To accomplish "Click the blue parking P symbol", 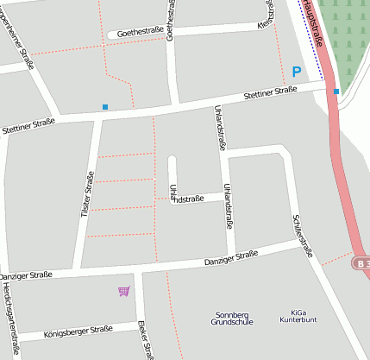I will (x=297, y=73).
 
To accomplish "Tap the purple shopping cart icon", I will (x=124, y=292).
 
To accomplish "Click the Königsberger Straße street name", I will (x=78, y=330).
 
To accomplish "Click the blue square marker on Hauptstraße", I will (x=336, y=91).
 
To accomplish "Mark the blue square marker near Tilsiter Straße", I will (x=105, y=107).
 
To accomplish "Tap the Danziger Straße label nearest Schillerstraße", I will (x=231, y=257).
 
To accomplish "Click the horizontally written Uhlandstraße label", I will (x=186, y=199).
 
